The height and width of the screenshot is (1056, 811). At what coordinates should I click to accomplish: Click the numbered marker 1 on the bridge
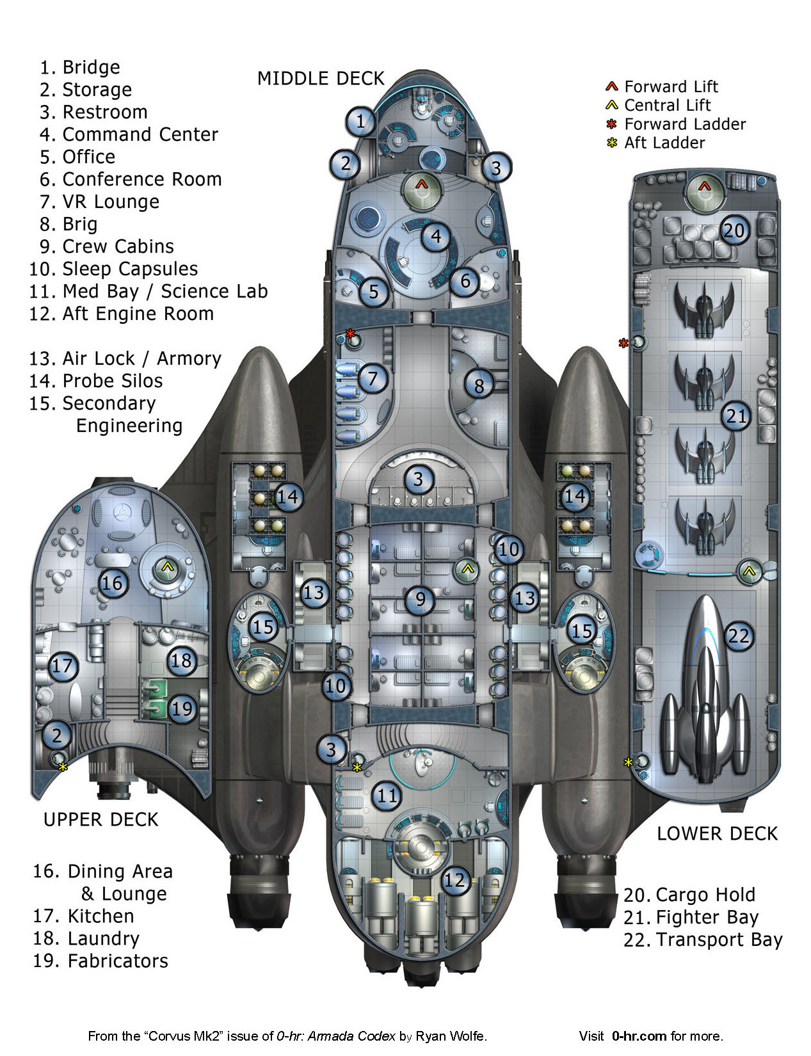[361, 121]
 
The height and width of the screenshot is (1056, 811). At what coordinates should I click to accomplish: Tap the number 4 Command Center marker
[436, 237]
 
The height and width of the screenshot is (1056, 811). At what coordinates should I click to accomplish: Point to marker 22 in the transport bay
[738, 636]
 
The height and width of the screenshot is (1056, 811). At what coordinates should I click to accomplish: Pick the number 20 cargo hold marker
[735, 230]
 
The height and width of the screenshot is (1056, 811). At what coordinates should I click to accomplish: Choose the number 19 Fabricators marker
[182, 708]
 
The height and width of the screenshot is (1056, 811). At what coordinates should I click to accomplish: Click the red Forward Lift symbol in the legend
[612, 86]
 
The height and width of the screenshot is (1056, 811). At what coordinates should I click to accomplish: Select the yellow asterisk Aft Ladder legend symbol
[612, 143]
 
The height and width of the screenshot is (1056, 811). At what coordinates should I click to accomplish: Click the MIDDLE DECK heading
[321, 79]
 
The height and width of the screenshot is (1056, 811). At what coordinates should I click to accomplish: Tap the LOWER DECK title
[717, 833]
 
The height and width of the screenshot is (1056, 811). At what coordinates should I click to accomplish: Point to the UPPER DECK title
[100, 819]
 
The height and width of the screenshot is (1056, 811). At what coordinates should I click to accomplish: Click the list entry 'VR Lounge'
[111, 202]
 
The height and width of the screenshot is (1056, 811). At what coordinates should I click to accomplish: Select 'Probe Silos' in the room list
[112, 381]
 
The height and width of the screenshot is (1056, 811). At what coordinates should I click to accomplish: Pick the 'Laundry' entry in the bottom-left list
[103, 938]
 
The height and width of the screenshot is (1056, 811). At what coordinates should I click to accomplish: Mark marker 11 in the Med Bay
[387, 796]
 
